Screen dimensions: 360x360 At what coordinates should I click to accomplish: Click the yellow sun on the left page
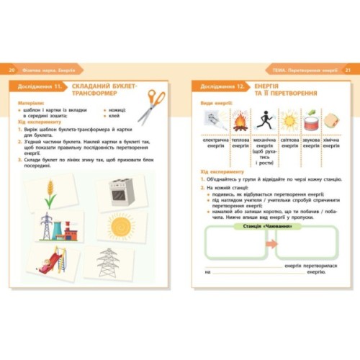click(121, 227)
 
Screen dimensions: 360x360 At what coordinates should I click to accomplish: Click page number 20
click(12, 71)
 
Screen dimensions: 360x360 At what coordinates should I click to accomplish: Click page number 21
click(348, 71)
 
